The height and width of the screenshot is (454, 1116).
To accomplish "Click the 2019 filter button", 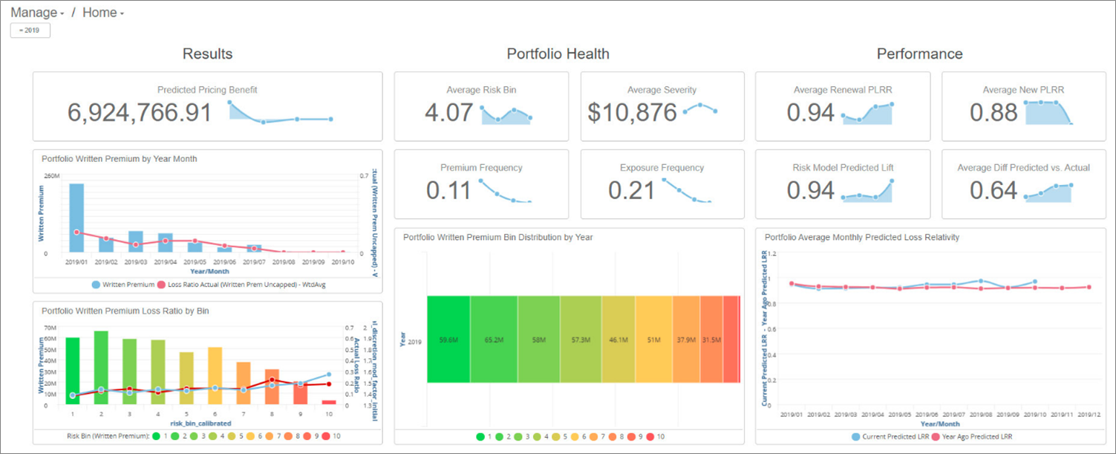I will (x=30, y=30).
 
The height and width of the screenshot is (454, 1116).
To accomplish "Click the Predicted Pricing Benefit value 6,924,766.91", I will (x=139, y=113).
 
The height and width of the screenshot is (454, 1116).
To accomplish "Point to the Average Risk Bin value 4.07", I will (x=448, y=113).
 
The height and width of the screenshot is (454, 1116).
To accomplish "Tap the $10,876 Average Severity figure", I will (x=632, y=113).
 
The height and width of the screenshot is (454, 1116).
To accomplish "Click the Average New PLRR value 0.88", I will (x=993, y=113).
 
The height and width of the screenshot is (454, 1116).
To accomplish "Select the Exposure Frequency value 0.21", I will (x=632, y=191).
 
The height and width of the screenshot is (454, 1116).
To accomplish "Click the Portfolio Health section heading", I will (x=558, y=53).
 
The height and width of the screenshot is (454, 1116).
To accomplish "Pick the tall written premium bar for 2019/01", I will (x=76, y=218).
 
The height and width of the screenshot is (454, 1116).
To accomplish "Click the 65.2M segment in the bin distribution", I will (x=494, y=339).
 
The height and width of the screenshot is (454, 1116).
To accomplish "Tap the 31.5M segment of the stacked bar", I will (x=711, y=339).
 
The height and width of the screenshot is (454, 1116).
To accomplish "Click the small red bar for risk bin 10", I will (x=329, y=402).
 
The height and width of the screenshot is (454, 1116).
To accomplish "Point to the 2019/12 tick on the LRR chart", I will (x=1088, y=414).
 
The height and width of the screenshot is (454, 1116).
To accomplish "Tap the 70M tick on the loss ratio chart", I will (x=51, y=327).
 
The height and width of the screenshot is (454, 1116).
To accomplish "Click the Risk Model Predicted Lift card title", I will (x=842, y=167).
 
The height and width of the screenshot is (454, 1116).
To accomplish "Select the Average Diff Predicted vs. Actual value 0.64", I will (x=993, y=191).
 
